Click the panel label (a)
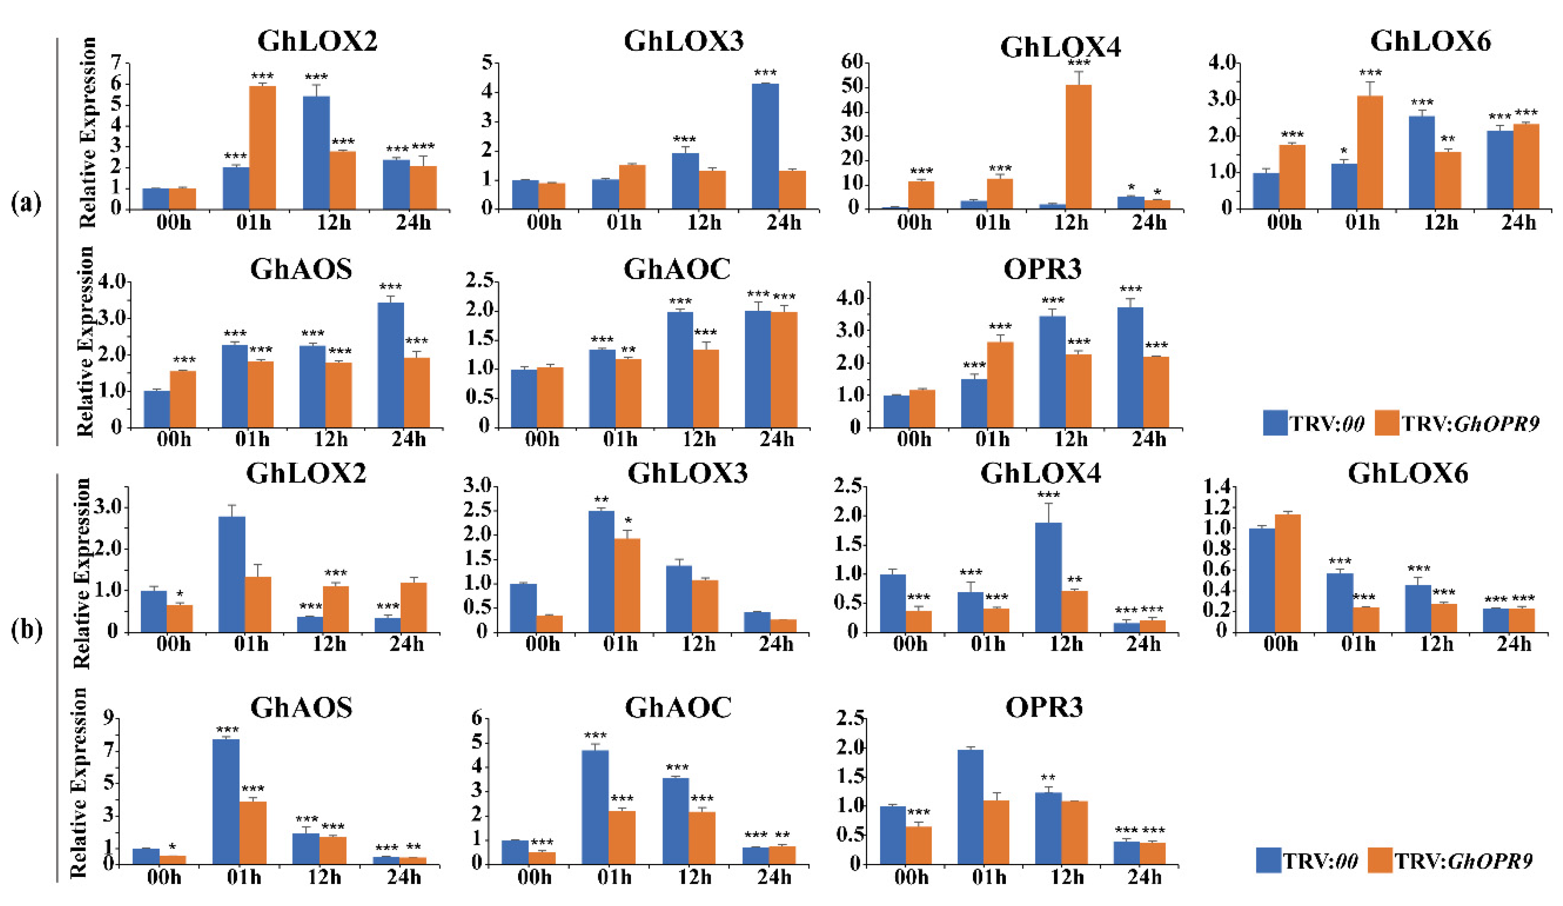[26, 203]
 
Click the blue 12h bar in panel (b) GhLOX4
[1048, 577]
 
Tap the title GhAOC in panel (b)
[678, 707]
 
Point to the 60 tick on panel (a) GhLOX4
[852, 62]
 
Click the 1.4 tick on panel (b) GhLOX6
[1216, 487]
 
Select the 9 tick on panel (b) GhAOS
[109, 718]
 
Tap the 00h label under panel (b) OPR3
[911, 877]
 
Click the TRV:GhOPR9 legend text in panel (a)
[1470, 424]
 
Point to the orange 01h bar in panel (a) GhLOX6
[1370, 152]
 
